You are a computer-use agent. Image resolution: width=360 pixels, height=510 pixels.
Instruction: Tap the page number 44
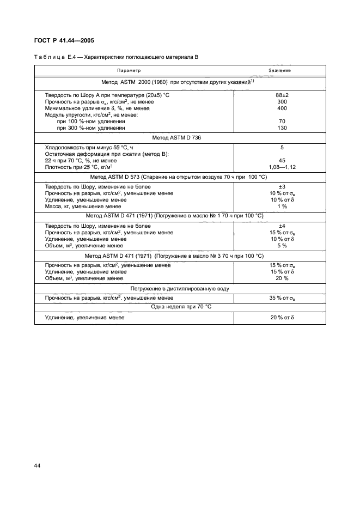pos(38,466)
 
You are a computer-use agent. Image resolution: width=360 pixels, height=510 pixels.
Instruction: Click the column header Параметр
pos(129,70)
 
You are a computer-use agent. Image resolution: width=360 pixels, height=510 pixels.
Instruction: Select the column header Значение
pos(279,70)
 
